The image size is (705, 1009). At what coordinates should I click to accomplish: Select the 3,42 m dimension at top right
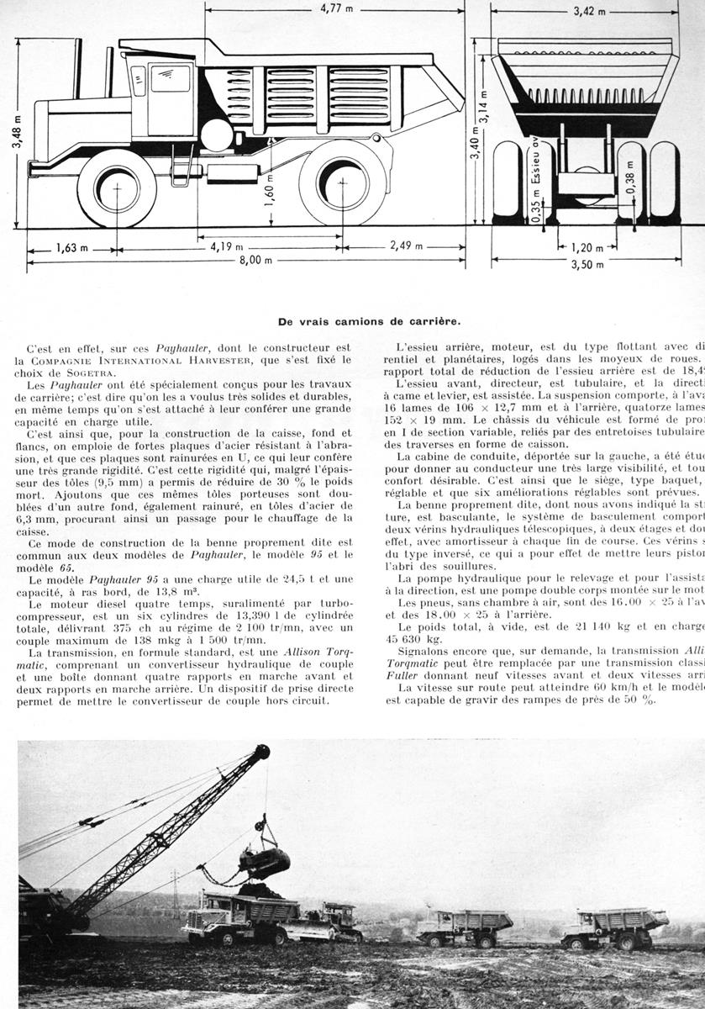[x=585, y=12]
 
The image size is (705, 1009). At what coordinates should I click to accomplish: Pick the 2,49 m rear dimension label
[x=406, y=246]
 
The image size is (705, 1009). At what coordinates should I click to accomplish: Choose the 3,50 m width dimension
[x=587, y=263]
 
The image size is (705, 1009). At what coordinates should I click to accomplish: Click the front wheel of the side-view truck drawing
[x=117, y=188]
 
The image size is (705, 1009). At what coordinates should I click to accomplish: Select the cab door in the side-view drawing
[x=171, y=98]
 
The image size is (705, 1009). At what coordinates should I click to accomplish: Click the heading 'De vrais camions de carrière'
[x=369, y=320]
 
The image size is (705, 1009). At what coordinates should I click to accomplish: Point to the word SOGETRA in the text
[x=107, y=374]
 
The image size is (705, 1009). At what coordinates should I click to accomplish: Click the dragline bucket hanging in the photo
[x=265, y=861]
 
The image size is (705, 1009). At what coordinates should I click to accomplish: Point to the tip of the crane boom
[x=263, y=751]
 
